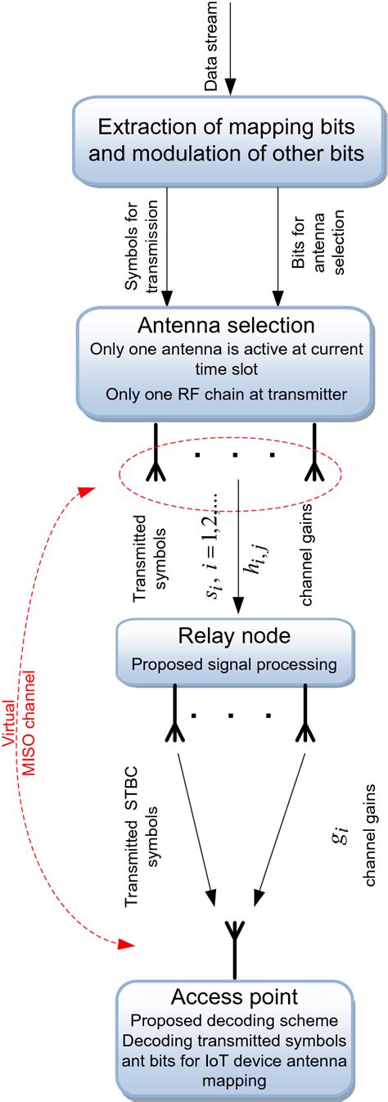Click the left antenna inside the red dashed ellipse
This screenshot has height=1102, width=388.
[151, 468]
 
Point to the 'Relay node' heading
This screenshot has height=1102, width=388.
[236, 637]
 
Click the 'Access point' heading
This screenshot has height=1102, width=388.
[236, 997]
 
